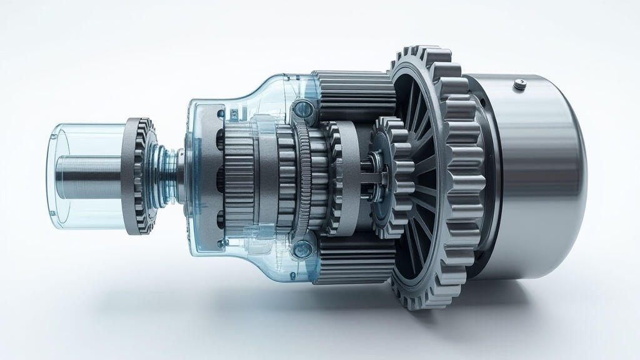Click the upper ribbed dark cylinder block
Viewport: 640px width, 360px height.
[353, 94]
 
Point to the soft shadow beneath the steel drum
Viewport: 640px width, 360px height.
[531, 294]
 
